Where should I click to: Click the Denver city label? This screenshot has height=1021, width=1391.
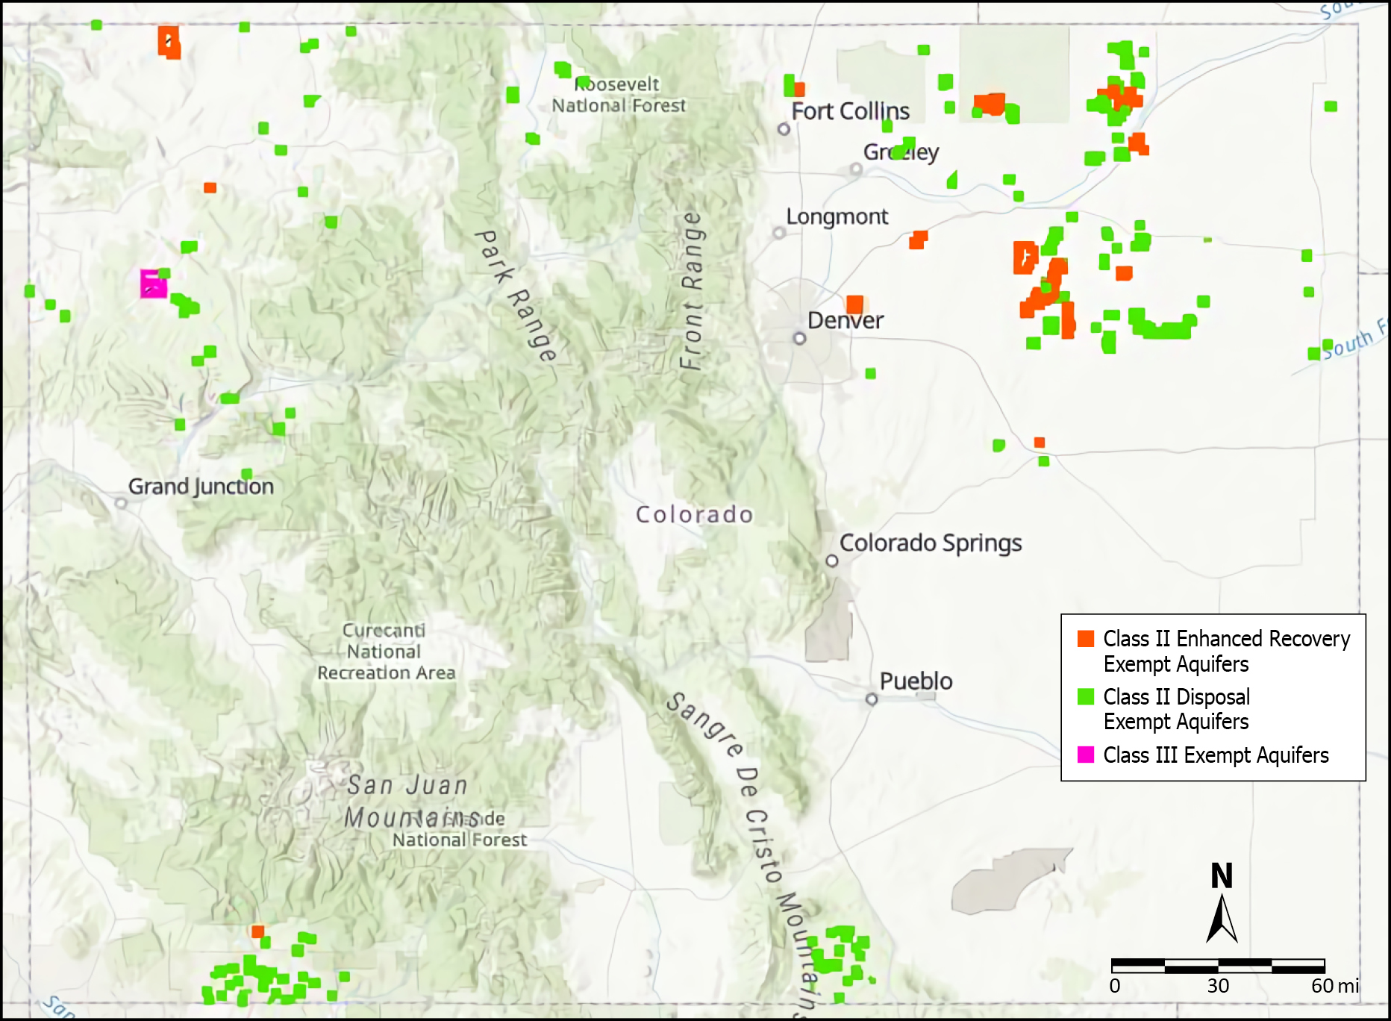tap(845, 321)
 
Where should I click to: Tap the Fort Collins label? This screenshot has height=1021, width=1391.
tap(850, 112)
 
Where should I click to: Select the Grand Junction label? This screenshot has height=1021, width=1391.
tap(201, 487)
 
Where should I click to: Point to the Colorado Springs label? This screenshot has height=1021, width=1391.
tap(930, 543)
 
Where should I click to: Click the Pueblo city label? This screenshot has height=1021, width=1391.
tap(916, 681)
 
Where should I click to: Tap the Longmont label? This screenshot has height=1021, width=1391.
tap(837, 217)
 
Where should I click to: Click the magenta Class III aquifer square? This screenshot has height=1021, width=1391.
tap(154, 284)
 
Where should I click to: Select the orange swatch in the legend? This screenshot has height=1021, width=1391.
tap(1086, 639)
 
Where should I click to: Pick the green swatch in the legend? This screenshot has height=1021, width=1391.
tap(1086, 697)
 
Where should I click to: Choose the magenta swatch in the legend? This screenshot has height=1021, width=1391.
tap(1086, 755)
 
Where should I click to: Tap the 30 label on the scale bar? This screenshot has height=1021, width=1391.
tap(1218, 986)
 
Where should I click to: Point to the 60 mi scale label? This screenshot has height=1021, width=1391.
tap(1334, 986)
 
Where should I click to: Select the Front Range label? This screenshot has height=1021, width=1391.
tap(691, 291)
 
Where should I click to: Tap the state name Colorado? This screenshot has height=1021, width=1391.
tap(694, 514)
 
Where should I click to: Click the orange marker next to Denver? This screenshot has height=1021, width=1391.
tap(854, 304)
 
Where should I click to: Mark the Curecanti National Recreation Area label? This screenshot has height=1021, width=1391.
tap(385, 652)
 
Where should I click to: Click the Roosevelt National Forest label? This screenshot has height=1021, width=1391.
tap(618, 95)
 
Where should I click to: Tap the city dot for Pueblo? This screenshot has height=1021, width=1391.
tap(871, 699)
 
